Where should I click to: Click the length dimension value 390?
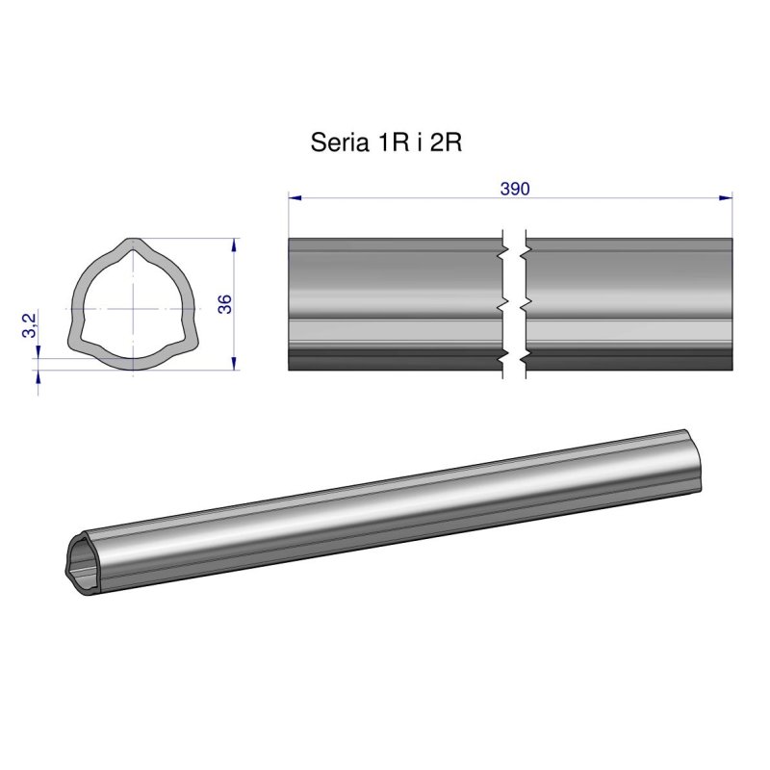[515, 189]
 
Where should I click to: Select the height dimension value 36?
[224, 304]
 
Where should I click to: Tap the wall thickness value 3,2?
[30, 324]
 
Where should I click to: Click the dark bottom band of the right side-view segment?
[629, 360]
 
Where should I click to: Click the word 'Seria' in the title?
[333, 143]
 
